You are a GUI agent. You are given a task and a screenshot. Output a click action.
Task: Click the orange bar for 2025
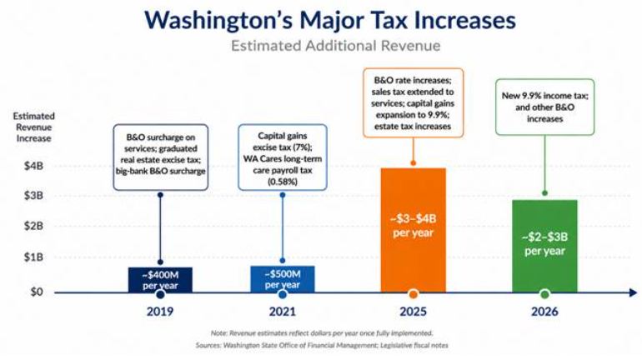[413, 230]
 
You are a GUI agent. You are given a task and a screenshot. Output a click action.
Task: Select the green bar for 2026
[544, 246]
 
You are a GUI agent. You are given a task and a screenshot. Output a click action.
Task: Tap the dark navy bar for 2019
[160, 280]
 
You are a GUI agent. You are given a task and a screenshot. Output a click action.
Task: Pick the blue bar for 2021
[283, 279]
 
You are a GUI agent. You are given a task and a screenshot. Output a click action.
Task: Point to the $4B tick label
[33, 166]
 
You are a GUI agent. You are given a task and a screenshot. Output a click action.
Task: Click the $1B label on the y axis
[33, 257]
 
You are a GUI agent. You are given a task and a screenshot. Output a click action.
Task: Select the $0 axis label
[37, 292]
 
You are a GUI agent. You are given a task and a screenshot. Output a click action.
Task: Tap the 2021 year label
[283, 312]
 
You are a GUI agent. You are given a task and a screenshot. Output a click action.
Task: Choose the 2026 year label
[544, 312]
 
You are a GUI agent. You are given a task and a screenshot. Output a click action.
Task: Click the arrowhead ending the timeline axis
[633, 292]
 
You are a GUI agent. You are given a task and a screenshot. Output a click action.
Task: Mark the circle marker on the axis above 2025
[413, 293]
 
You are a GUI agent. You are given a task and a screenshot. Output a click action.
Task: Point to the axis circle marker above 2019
[160, 294]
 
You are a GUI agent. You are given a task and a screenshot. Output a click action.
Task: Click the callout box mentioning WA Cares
[283, 157]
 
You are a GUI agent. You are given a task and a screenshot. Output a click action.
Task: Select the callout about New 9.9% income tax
[545, 107]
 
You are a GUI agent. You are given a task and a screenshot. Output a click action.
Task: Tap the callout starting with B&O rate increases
[413, 103]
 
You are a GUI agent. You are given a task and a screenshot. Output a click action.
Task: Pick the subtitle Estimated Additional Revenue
[336, 45]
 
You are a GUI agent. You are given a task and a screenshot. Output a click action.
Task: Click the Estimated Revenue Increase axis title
[33, 127]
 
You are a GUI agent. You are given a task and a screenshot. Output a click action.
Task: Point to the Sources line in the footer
[322, 345]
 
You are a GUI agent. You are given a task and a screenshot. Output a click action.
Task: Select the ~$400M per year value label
[160, 280]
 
